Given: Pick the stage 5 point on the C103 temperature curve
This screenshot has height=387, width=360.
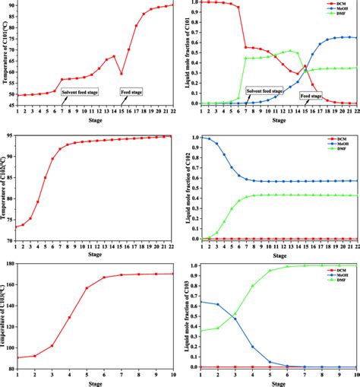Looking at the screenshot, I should pos(87,288).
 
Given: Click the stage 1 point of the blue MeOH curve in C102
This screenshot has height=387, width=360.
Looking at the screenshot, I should pos(201,137).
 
